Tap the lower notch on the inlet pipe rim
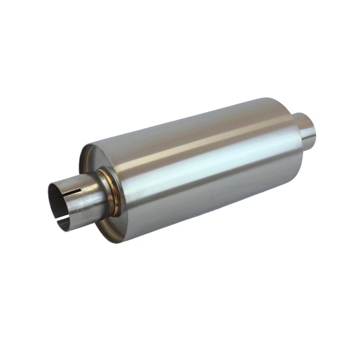pos(64,221)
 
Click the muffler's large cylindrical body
pos(202,166)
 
